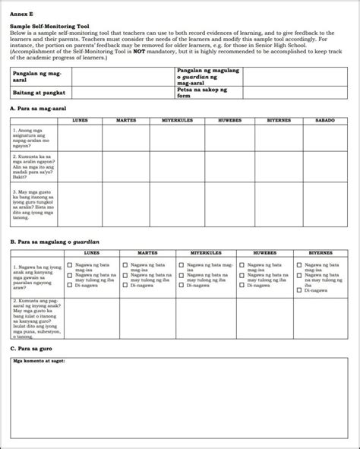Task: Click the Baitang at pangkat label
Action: click(x=38, y=92)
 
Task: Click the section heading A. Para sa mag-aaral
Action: click(x=42, y=109)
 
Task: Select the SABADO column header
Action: click(x=324, y=121)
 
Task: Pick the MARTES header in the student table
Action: click(x=126, y=121)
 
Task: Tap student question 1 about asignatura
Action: click(x=35, y=137)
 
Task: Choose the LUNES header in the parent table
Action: click(x=91, y=253)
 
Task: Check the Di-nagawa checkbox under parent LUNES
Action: click(x=70, y=286)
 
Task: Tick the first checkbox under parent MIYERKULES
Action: click(x=180, y=265)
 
